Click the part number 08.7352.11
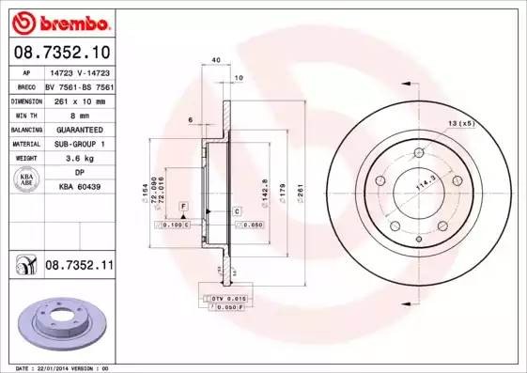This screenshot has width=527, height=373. (79, 267)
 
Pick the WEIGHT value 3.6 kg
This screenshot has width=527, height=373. (80, 159)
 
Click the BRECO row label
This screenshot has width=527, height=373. (25, 85)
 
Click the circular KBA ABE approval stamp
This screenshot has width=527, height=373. (26, 179)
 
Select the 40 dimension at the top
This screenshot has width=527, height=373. (216, 60)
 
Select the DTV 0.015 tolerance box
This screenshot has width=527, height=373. (229, 298)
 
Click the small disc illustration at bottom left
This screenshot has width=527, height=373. (58, 321)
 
